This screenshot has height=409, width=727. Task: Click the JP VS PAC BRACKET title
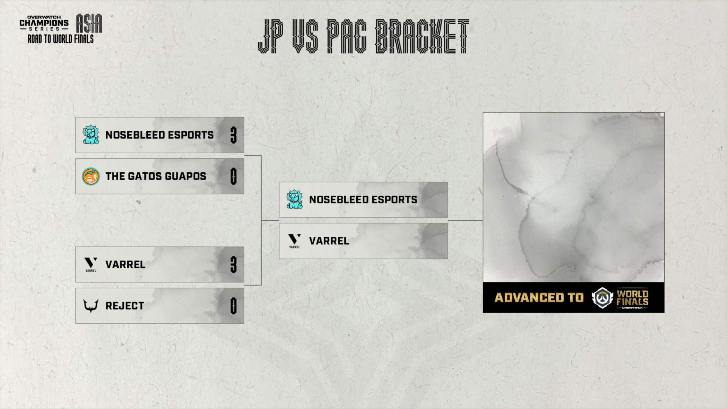[363, 36]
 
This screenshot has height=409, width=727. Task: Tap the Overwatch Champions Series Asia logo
[61, 23]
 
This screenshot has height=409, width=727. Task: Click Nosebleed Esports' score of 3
[234, 135]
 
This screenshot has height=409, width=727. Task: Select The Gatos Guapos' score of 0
[234, 176]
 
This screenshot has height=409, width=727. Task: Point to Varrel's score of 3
[234, 265]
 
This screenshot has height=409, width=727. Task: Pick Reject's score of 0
[234, 306]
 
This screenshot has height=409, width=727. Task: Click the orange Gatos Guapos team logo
[91, 176]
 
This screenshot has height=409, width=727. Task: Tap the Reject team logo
[91, 305]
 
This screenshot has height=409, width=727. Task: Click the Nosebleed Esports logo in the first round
[91, 135]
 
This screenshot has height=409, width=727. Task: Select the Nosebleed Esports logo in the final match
[295, 200]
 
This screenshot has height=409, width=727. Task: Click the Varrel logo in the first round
[91, 264]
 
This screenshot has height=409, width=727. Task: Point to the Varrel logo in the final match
[295, 240]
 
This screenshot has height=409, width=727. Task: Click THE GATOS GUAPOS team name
[156, 176]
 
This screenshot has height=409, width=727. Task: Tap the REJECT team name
[125, 306]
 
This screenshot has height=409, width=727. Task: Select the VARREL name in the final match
[329, 241]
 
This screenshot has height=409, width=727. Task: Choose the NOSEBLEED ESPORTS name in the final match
[363, 200]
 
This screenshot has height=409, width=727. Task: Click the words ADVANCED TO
[539, 298]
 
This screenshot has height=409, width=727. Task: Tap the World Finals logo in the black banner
[620, 298]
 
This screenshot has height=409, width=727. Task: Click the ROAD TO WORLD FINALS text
[61, 39]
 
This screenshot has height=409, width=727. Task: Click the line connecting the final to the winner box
[465, 220]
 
